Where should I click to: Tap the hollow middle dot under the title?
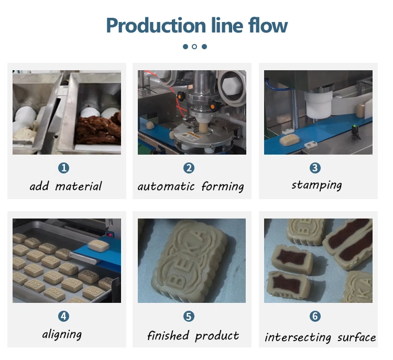[x=194, y=47]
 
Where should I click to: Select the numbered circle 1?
[x=63, y=168]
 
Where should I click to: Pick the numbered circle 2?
[x=189, y=168]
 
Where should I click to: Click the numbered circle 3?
[x=315, y=168]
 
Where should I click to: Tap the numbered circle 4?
[x=63, y=316]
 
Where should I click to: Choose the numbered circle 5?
[x=189, y=316]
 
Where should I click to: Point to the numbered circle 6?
[x=315, y=316]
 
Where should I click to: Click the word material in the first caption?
[x=79, y=186]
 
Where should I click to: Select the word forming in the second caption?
[x=223, y=187]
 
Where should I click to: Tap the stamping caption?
[x=317, y=186]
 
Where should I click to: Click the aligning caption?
[x=62, y=334]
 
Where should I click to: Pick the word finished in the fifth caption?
[x=168, y=335]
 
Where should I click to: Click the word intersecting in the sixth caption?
[x=298, y=337]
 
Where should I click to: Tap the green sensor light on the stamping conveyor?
[x=354, y=127]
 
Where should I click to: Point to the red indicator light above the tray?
[x=110, y=235]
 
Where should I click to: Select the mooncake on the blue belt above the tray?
[x=99, y=246]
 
